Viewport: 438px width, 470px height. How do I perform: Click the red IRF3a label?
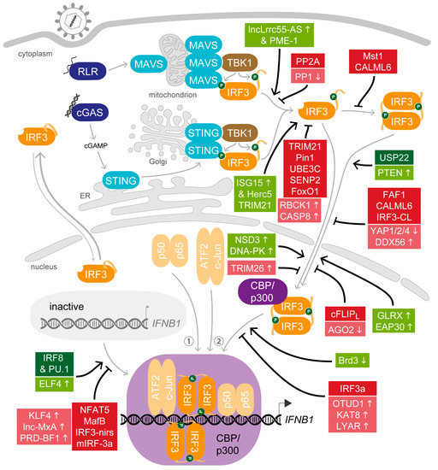click(x=382, y=390)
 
